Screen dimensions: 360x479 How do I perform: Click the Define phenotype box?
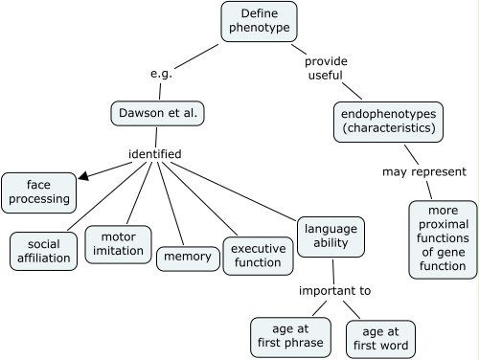click(x=259, y=22)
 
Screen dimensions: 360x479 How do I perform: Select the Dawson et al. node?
click(x=158, y=114)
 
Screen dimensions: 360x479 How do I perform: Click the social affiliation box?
click(x=44, y=251)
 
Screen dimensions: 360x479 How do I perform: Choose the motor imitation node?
click(x=118, y=244)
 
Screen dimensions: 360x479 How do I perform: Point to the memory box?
click(x=187, y=258)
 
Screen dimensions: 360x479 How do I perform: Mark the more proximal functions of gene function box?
click(x=442, y=239)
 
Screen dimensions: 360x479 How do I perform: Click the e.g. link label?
click(x=160, y=73)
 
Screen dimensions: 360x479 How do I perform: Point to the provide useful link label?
click(x=326, y=69)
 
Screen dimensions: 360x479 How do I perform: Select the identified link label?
click(x=154, y=153)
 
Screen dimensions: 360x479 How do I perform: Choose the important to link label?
click(x=333, y=290)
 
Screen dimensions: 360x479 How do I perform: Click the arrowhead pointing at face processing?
click(x=84, y=175)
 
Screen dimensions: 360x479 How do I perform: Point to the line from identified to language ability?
click(x=235, y=191)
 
